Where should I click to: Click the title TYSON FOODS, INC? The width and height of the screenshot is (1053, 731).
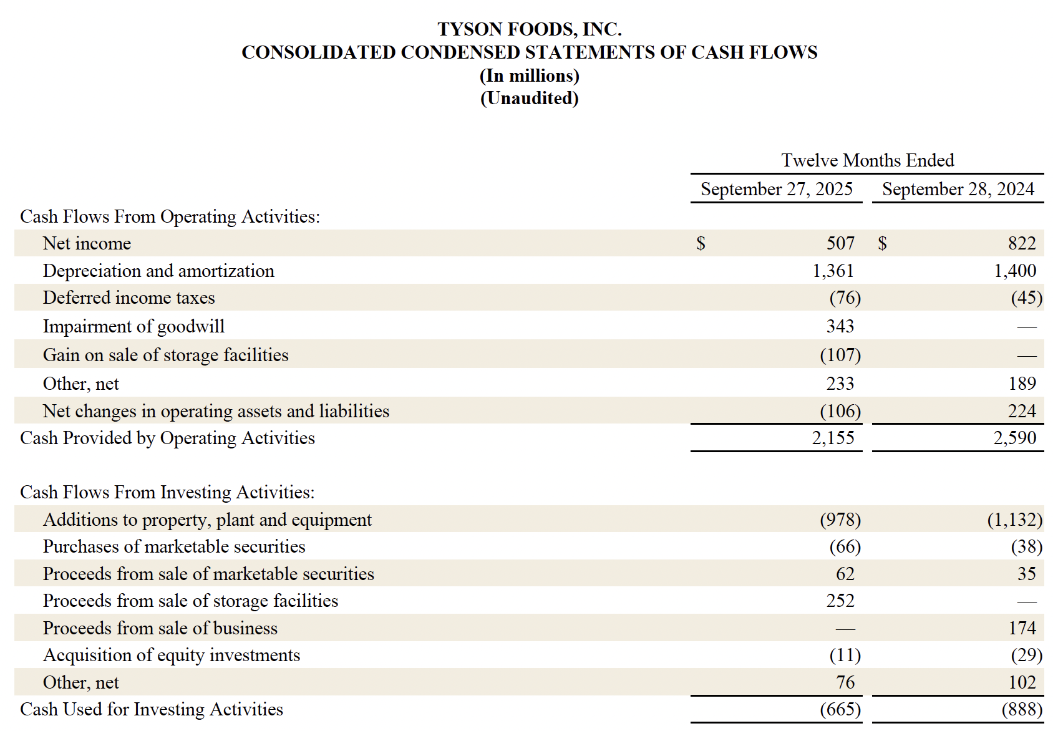coord(529,29)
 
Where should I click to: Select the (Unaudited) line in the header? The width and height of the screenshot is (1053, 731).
coord(529,99)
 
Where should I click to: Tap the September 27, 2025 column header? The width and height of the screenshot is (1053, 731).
coord(776,189)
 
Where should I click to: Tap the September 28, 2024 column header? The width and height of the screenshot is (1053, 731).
coord(958,189)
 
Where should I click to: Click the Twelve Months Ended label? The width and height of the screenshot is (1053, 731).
coord(867,160)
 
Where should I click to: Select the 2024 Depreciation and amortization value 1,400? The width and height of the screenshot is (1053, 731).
coord(1014,271)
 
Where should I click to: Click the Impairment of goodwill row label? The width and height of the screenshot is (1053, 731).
coord(133,326)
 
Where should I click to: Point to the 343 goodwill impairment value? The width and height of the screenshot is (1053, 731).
coord(840,326)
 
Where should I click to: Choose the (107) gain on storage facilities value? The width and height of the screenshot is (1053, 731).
coord(840,355)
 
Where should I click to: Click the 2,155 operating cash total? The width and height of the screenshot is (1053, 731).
coord(833,438)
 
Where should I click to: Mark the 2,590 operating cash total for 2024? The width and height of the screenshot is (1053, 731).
coord(1014,438)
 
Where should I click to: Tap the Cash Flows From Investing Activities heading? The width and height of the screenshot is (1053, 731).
coord(167,492)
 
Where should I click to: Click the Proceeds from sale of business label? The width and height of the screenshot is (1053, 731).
coord(160,628)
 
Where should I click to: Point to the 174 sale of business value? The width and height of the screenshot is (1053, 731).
coord(1022,628)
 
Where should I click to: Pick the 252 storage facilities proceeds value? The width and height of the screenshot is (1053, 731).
coord(840,601)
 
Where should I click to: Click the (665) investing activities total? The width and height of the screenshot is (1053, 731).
coord(840,709)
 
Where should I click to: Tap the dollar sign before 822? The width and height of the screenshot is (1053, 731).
coord(882,243)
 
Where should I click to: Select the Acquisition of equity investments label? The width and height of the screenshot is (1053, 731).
coord(171,655)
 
